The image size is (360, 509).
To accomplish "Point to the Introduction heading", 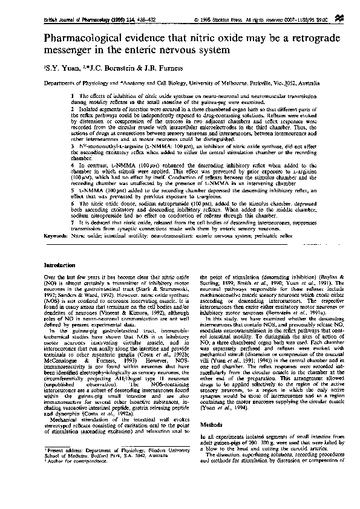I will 63,265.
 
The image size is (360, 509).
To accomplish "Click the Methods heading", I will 212,425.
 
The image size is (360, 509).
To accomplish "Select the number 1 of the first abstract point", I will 73,96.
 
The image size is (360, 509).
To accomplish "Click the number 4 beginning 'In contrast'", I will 73,163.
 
